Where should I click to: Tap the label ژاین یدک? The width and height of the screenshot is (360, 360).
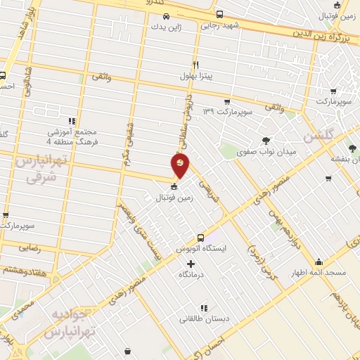click(x=166, y=27)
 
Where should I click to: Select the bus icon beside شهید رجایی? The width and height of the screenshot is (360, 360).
click(x=220, y=13)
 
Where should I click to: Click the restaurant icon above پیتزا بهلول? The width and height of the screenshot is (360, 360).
click(x=197, y=63)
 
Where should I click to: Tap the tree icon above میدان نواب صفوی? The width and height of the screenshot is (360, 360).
click(x=265, y=140)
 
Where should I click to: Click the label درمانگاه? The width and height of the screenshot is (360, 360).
click(x=191, y=274)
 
